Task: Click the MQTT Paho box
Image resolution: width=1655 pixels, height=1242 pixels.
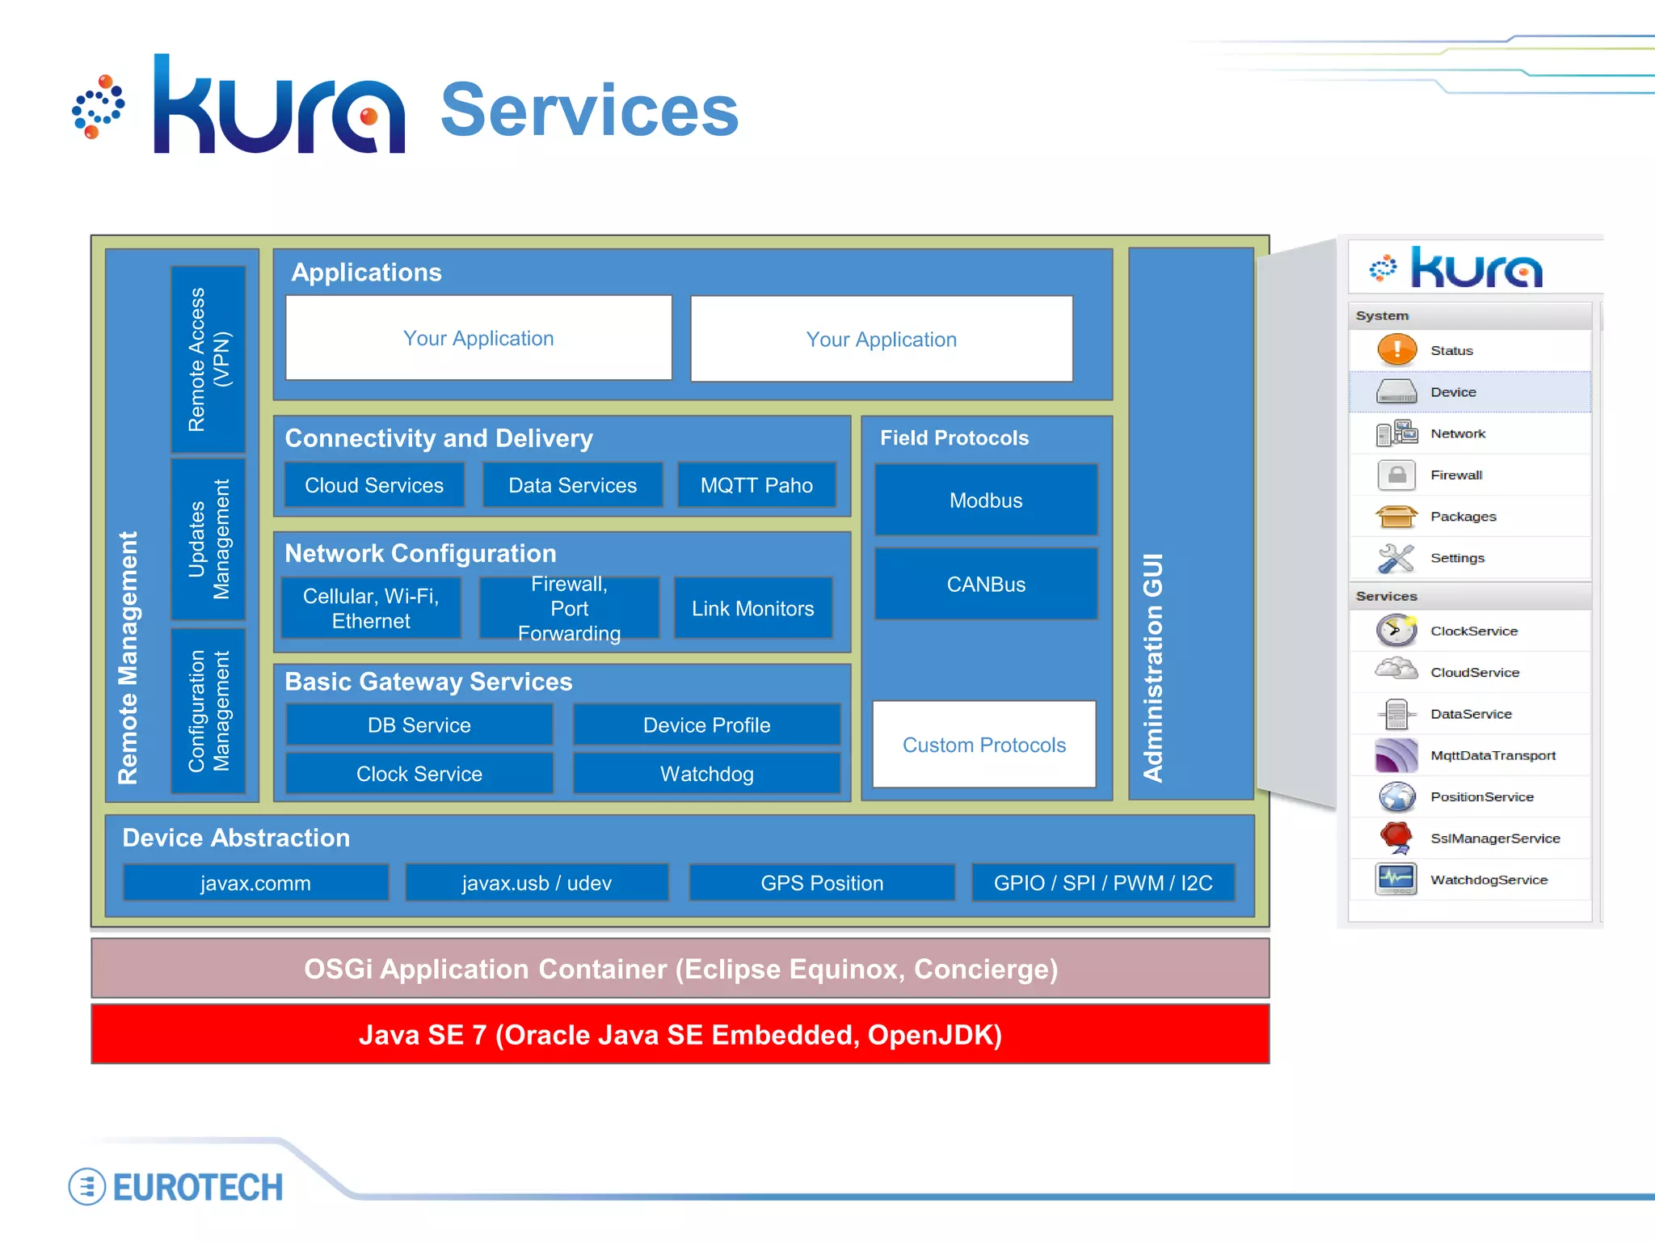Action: [x=756, y=485]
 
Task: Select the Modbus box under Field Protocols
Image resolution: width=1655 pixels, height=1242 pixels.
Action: [x=986, y=501]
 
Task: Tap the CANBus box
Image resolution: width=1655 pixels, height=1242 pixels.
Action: [x=986, y=585]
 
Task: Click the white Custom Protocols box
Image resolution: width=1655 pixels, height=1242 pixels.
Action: [x=984, y=745]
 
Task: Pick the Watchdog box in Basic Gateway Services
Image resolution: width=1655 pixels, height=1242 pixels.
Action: [x=707, y=774]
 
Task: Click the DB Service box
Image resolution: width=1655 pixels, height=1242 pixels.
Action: [x=419, y=725]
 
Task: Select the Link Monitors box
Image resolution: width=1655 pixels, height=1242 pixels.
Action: [x=752, y=609]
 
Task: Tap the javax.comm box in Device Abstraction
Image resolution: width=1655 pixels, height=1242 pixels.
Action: [x=255, y=883]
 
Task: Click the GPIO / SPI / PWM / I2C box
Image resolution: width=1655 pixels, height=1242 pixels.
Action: [x=1103, y=883]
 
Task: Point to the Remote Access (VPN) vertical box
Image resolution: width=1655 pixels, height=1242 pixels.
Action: [x=208, y=359]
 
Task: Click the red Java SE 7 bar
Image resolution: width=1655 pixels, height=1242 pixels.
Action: [x=680, y=1035]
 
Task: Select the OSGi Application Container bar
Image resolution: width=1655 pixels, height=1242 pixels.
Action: [x=680, y=969]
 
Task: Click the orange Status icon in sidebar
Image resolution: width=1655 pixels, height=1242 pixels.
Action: [x=1396, y=350]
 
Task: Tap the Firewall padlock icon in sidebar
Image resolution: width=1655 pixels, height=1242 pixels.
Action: [x=1396, y=475]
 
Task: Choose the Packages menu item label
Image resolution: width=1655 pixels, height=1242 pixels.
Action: [x=1463, y=517]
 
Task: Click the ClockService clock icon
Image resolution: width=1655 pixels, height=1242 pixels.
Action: [x=1396, y=631]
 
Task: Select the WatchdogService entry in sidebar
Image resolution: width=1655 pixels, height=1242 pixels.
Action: [x=1489, y=880]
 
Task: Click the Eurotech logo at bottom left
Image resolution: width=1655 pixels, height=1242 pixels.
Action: [x=176, y=1187]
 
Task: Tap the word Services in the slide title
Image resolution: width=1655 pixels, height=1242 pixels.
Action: [x=589, y=111]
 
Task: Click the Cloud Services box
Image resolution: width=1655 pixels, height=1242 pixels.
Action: [x=374, y=485]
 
